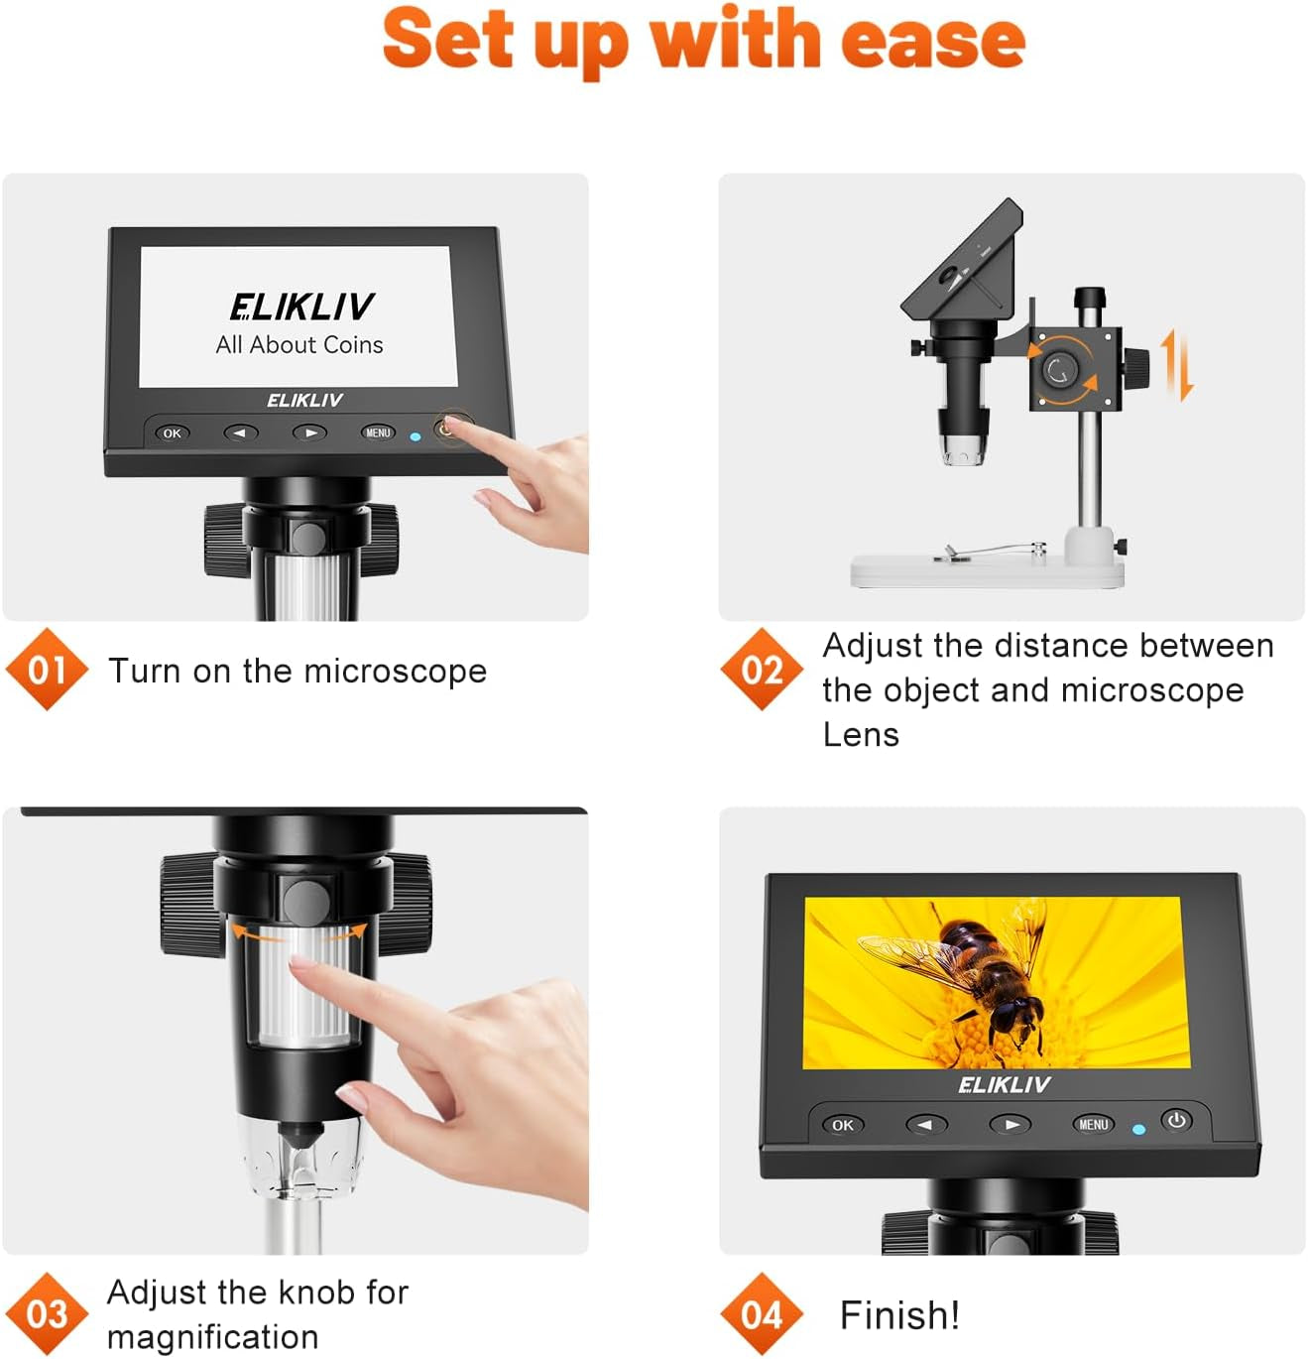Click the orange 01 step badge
point(47,670)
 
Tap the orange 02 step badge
point(762,670)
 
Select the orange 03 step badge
point(47,1314)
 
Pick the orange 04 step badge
point(762,1314)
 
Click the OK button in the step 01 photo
point(172,433)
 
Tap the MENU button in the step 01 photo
point(378,432)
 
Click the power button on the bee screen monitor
point(1177,1121)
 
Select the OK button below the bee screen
point(843,1125)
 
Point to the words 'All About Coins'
point(299,345)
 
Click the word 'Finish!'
point(899,1315)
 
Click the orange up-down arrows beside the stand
point(1177,366)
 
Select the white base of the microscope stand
point(987,571)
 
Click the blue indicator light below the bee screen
point(1138,1129)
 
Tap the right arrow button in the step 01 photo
point(309,433)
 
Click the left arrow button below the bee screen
point(926,1125)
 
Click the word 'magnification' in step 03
point(212,1337)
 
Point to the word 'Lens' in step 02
point(861,735)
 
